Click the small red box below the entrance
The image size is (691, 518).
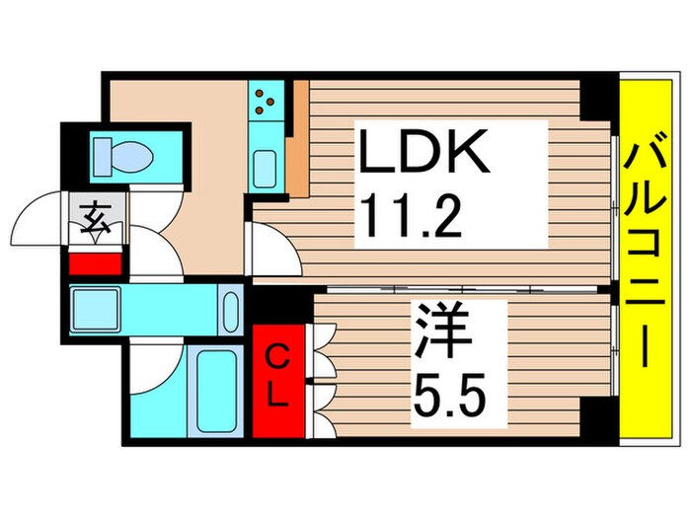[x=96, y=263]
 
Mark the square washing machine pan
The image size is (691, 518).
[x=97, y=309]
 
